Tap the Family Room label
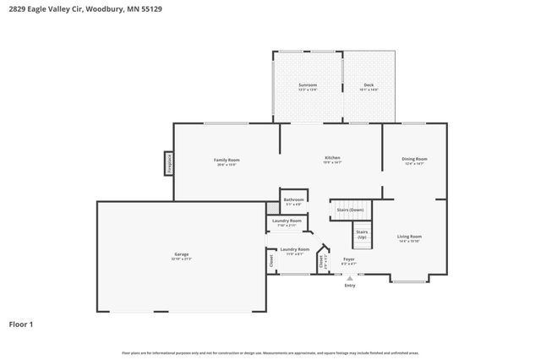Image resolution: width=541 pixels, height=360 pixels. [x=226, y=161]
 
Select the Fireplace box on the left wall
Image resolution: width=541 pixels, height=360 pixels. [x=169, y=163]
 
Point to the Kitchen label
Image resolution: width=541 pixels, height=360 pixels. [x=332, y=159]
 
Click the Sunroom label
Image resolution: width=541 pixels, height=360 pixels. [x=308, y=85]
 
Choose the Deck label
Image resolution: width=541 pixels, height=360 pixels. [x=369, y=85]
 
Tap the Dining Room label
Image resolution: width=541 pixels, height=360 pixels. [x=414, y=159]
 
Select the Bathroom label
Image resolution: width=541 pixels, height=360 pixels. [x=293, y=200]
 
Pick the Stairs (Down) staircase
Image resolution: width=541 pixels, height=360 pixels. [x=350, y=210]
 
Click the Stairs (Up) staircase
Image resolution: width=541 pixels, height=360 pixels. [x=362, y=233]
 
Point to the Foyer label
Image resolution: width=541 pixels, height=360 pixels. [x=348, y=260]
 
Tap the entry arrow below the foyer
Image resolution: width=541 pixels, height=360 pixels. [x=350, y=277]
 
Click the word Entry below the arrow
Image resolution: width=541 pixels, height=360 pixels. [x=350, y=286]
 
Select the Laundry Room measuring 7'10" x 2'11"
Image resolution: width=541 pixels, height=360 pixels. [x=287, y=222]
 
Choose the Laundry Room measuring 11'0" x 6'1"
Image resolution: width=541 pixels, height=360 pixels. [x=294, y=250]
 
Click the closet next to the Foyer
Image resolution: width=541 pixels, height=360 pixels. [x=321, y=262]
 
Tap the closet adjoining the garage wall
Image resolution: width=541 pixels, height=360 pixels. [x=271, y=261]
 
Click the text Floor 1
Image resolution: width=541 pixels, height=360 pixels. [x=20, y=324]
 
